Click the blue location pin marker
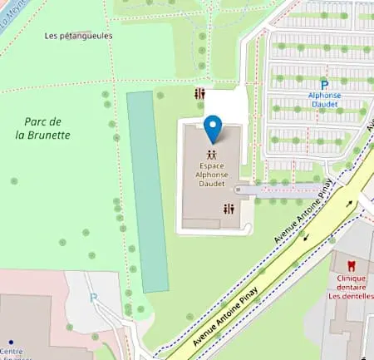tap(214, 129)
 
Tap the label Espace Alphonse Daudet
tap(213, 175)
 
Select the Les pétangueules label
tap(78, 36)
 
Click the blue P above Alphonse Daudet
tap(324, 85)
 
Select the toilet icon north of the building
tap(199, 94)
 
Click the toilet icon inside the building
tap(229, 210)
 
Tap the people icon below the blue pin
tap(213, 154)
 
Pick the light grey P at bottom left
tap(93, 297)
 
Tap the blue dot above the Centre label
tap(11, 342)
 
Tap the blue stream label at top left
tap(10, 12)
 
